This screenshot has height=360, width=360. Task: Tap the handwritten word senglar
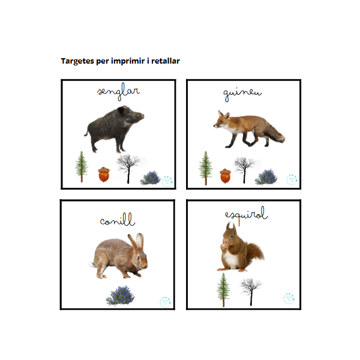pos(118,92)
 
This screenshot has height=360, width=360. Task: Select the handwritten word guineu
pos(242,94)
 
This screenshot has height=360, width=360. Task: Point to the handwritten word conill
pos(118,220)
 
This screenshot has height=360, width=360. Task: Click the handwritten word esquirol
pos(246,215)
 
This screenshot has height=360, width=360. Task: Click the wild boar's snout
pos(141,116)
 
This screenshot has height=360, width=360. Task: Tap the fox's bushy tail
pos(276,134)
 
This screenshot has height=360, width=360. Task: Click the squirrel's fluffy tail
pos(255,253)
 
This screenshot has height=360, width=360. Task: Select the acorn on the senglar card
pos(104,175)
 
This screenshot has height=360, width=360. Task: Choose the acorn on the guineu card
pos(225,176)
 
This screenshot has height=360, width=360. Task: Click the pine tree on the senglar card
pos(82,166)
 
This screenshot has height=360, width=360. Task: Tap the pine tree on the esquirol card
pos(223,290)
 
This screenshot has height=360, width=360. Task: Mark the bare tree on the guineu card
pos(244,170)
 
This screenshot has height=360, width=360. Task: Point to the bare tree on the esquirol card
pos(251,292)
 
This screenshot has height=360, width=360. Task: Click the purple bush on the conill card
pos(121,296)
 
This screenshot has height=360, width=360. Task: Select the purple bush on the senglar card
pos(151,178)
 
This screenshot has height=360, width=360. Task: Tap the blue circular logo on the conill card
pos(165,302)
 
